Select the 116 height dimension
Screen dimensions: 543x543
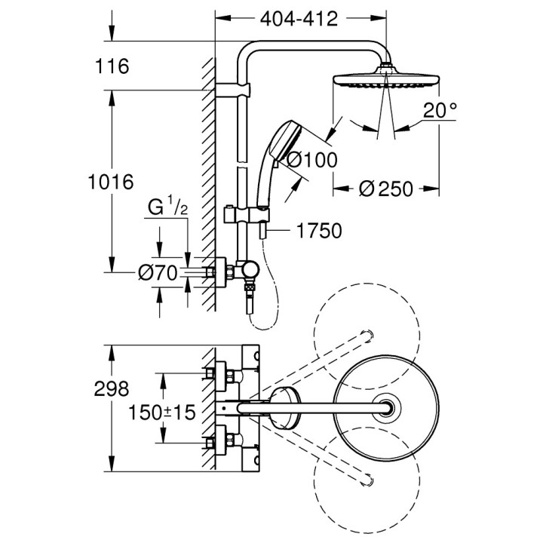click(113, 66)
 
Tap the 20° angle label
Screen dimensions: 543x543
click(440, 111)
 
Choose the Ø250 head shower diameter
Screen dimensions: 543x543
click(386, 189)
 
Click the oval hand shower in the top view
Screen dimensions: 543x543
click(286, 407)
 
